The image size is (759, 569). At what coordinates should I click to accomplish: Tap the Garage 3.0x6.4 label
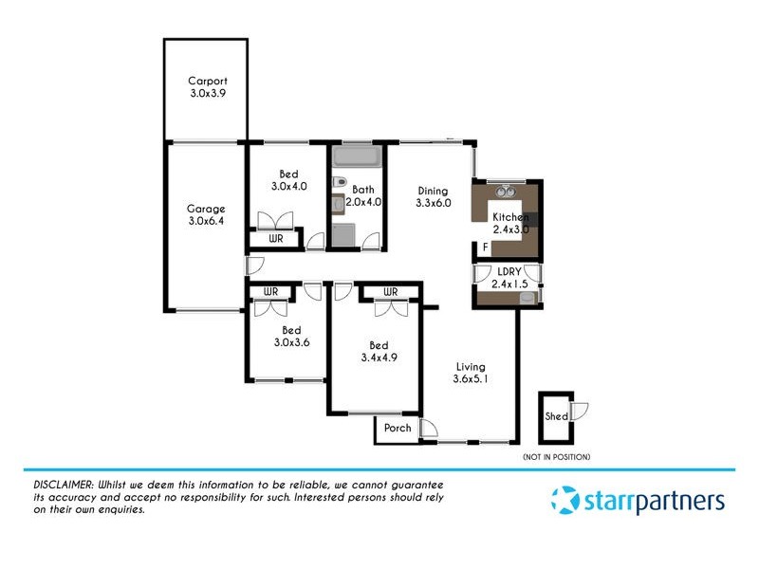coord(205,215)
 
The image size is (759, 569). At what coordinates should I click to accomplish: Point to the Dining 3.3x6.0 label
coord(432,196)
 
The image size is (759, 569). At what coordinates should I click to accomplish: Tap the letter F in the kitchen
coord(485,248)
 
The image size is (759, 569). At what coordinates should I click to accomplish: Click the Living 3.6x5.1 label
coord(470,374)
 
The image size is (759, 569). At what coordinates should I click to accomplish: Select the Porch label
coord(398,429)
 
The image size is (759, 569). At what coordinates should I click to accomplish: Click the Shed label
coord(556,416)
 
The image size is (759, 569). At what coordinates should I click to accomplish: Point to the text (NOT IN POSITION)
coord(556,458)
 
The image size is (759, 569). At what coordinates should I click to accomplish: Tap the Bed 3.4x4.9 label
coord(378,351)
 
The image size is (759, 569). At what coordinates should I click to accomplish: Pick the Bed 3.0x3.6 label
coord(290,337)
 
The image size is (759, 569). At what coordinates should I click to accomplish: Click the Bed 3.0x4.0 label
coord(288,180)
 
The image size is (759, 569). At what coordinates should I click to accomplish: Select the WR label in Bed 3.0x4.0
coord(276,239)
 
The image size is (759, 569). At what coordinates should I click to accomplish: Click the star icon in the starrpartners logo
coord(565,500)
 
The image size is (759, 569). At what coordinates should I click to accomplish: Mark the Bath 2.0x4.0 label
coord(362,196)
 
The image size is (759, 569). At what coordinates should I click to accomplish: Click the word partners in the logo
coord(676,501)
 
